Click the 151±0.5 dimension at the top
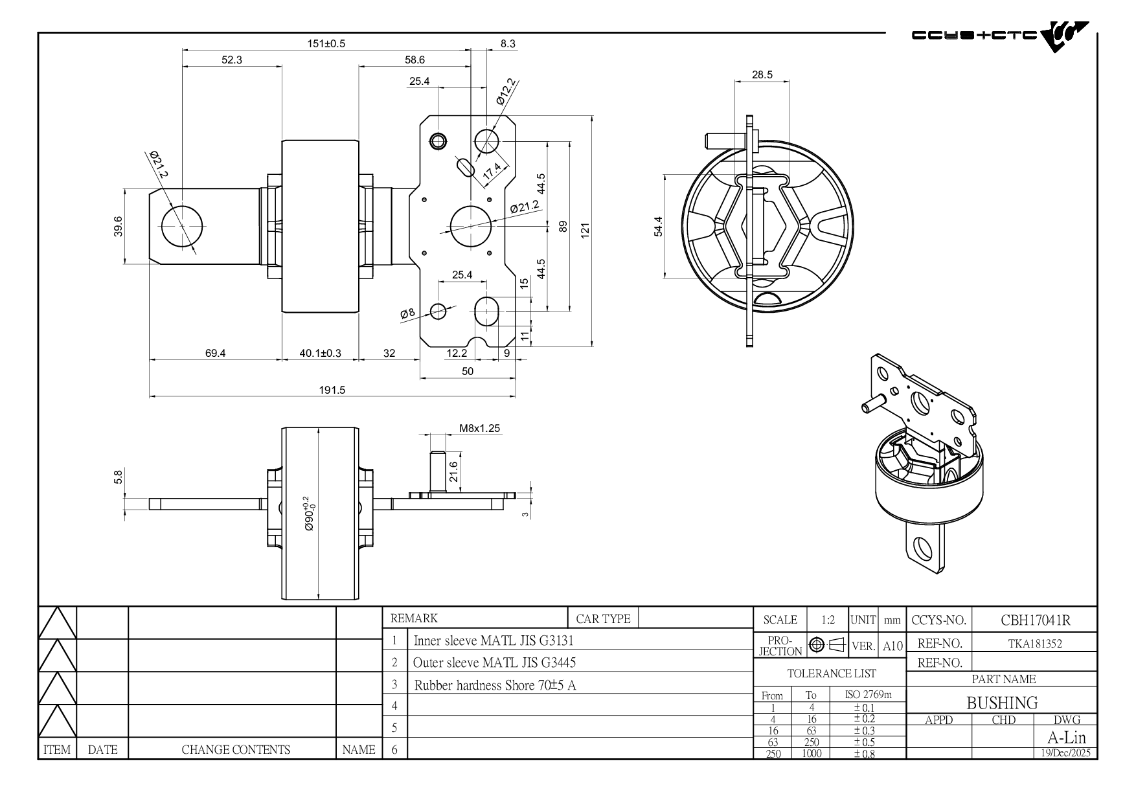pos(326,43)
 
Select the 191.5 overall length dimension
pos(332,390)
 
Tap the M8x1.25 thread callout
pos(479,428)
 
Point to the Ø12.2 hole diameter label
pos(506,91)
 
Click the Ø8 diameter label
pos(407,313)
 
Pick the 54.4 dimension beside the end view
pos(659,227)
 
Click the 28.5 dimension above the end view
pos(762,74)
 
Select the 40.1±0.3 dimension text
pos(320,354)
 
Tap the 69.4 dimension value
pos(216,354)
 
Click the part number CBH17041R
pos(1035,620)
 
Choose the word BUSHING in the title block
pos(1002,703)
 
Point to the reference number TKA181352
pos(1035,644)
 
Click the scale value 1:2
pos(828,620)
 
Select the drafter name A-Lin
pos(1066,738)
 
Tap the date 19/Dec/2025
pos(1065,753)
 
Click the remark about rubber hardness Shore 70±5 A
pos(495,685)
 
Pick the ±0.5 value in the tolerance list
pos(864,742)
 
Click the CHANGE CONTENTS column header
pos(236,750)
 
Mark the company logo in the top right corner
pos(1000,37)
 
